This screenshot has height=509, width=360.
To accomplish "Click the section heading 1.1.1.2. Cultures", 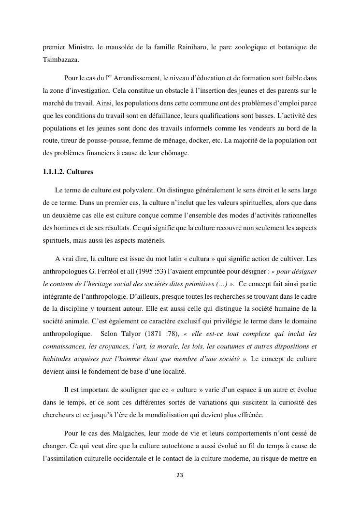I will point(68,172).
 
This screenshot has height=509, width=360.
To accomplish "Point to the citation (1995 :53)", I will point(144,271).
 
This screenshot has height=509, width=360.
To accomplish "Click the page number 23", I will point(180,475).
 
